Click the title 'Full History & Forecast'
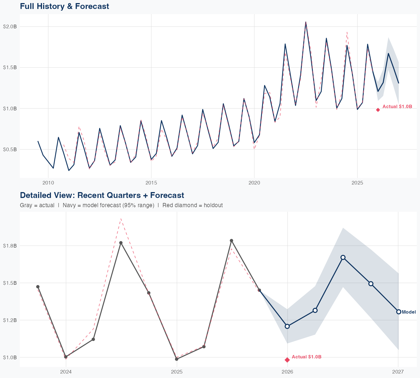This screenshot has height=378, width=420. [x=64, y=6]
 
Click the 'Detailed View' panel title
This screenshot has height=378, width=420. [x=102, y=195]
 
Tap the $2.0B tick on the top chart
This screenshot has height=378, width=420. [x=10, y=27]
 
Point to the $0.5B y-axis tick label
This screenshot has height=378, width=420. [x=10, y=150]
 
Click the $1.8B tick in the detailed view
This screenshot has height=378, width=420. [x=10, y=246]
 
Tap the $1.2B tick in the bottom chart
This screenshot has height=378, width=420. [x=10, y=320]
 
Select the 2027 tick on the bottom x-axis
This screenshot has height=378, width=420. [x=398, y=372]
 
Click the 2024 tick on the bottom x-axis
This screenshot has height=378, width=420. [x=66, y=372]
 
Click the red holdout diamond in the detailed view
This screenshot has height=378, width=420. [x=287, y=360]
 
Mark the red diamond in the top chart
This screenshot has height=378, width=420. [x=378, y=110]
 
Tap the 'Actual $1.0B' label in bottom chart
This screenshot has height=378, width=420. [x=306, y=357]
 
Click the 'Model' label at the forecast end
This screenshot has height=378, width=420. [x=409, y=312]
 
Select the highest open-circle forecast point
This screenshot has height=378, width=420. [x=343, y=257]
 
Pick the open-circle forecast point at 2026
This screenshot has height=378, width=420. [x=287, y=326]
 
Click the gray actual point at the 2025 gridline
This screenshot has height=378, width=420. [x=176, y=359]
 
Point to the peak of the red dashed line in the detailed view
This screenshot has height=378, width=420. [x=121, y=219]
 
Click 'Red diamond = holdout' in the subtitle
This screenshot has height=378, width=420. [x=192, y=205]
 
